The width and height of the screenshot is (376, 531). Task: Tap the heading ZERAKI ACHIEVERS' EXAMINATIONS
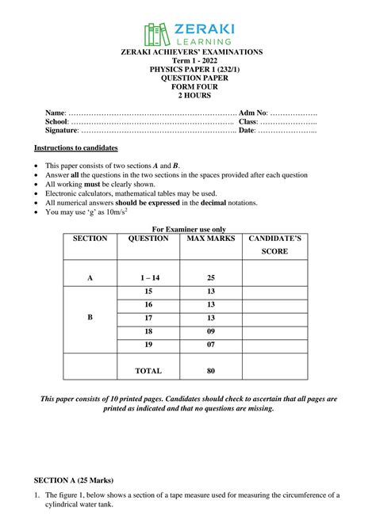coord(187,52)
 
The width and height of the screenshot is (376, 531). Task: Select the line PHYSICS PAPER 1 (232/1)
coord(187,70)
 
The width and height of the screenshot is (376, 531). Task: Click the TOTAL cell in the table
coord(148,370)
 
